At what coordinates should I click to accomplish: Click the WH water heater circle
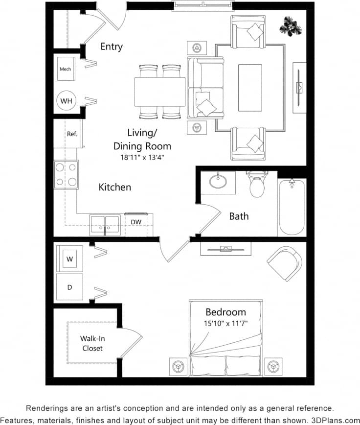pyautogui.click(x=66, y=101)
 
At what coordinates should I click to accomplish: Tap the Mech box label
pyautogui.click(x=65, y=69)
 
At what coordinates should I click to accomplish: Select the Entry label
pyautogui.click(x=112, y=47)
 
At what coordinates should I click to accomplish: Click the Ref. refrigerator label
pyautogui.click(x=72, y=134)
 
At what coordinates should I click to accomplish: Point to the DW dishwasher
pyautogui.click(x=136, y=222)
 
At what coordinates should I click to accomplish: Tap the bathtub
pyautogui.click(x=292, y=208)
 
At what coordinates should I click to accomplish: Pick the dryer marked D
pyautogui.click(x=69, y=287)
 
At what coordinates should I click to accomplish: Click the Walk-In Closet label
pyautogui.click(x=92, y=343)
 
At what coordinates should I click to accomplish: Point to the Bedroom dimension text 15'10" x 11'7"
pyautogui.click(x=225, y=323)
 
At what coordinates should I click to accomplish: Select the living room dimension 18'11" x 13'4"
pyautogui.click(x=142, y=157)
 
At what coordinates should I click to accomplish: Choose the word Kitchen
pyautogui.click(x=115, y=187)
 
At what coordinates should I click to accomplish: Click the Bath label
pyautogui.click(x=239, y=216)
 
